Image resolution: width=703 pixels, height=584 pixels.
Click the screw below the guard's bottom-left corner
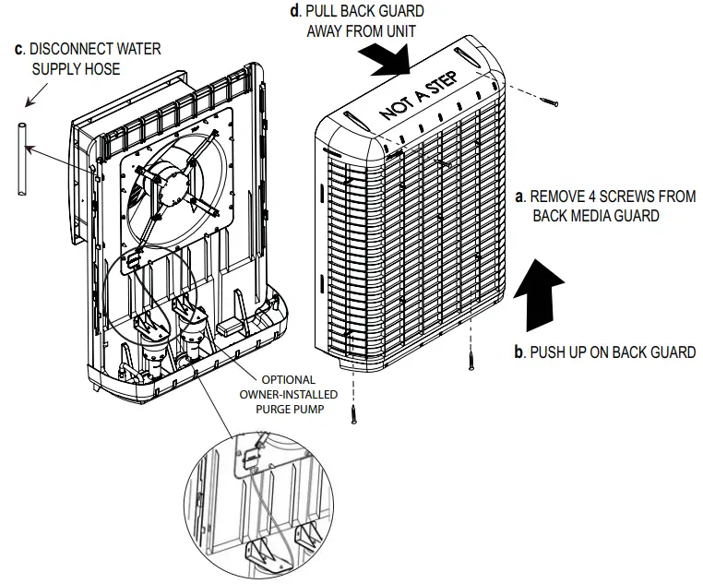(x=353, y=411)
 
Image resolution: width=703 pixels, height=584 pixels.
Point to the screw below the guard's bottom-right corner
(x=471, y=355)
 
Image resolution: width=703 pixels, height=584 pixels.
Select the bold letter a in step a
(x=519, y=197)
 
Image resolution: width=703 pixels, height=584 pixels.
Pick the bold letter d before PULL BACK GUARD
(x=294, y=11)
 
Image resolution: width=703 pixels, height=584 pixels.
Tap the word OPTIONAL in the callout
(x=289, y=379)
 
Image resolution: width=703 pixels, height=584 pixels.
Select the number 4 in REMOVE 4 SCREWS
(x=589, y=197)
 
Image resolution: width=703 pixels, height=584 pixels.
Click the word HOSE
(x=102, y=69)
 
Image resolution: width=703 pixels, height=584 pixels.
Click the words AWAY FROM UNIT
(x=361, y=30)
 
